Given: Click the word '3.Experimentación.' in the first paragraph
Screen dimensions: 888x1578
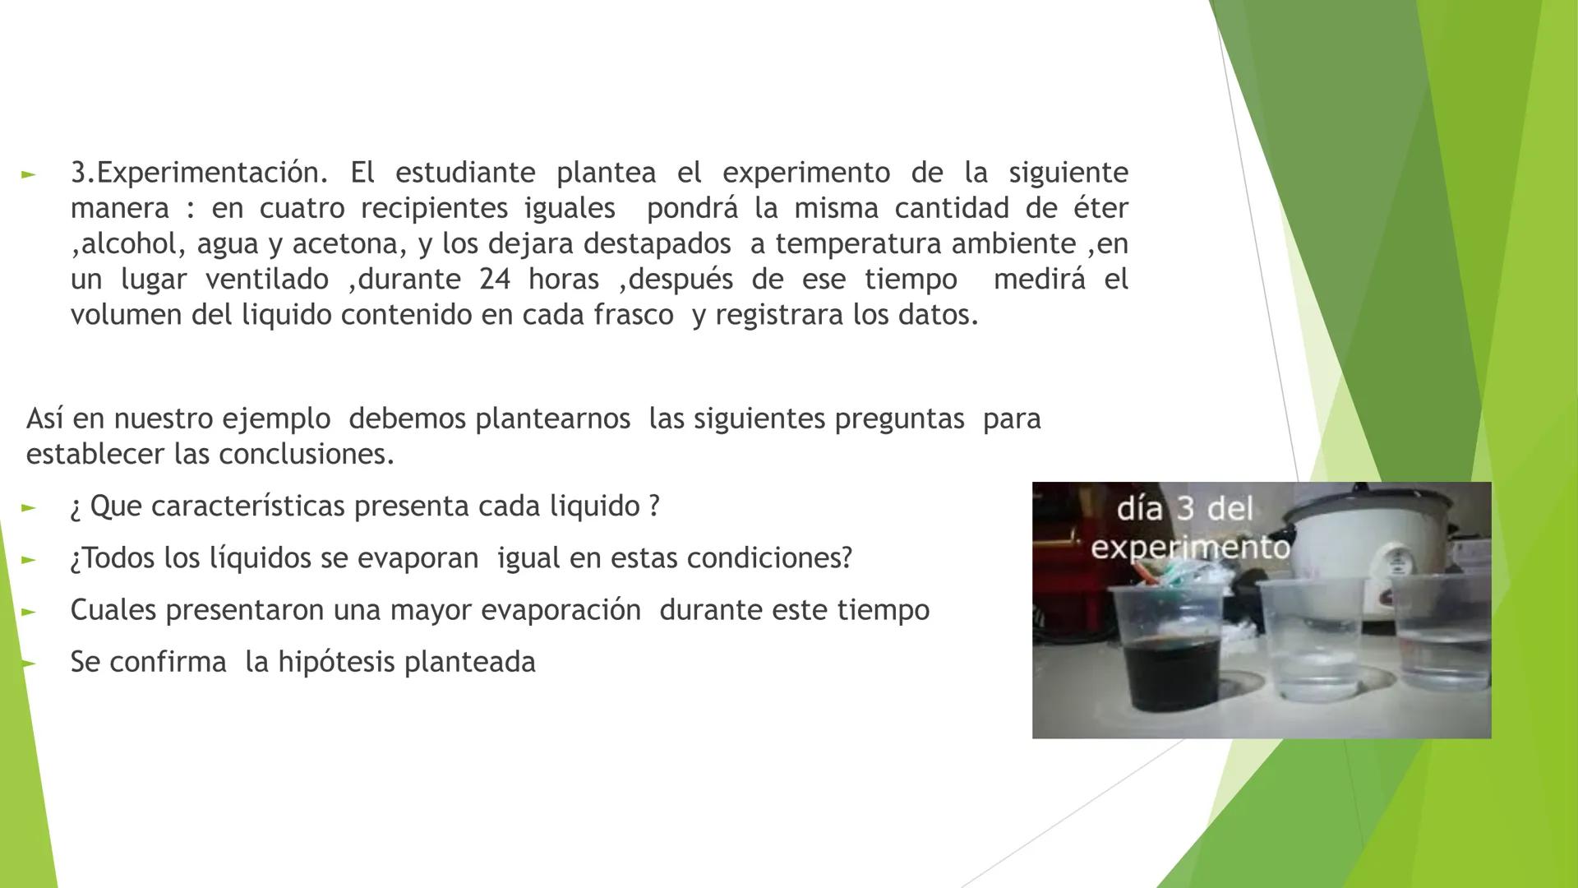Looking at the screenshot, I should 199,173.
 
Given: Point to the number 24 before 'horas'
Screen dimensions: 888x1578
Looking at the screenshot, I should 495,280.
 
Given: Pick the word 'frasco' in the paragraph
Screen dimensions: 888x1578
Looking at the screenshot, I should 634,315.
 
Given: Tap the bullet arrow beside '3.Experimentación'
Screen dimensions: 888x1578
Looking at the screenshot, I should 29,174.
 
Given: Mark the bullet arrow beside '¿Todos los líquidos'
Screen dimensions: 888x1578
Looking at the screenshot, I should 29,559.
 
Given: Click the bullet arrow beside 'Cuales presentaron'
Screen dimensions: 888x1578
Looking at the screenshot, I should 29,611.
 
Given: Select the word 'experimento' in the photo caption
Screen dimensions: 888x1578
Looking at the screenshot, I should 1190,547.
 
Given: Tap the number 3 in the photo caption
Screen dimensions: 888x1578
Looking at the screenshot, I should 1184,509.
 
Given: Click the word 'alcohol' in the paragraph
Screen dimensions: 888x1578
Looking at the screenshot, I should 129,244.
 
